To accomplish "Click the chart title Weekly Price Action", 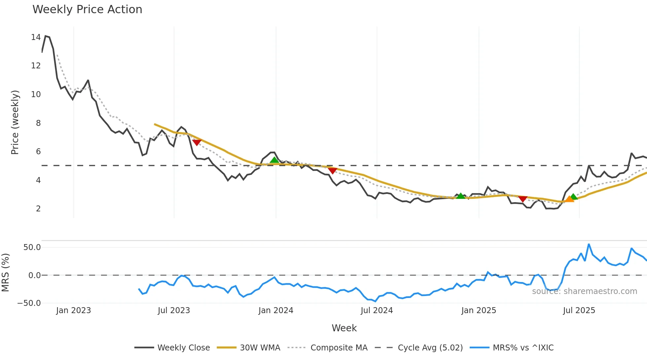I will [x=87, y=10].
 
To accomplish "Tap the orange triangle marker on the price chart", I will [x=569, y=199].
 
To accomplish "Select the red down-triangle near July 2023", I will [x=197, y=142].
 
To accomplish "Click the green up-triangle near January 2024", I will [x=274, y=160].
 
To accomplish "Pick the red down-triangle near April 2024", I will [x=333, y=170].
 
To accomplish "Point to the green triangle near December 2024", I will [x=460, y=196].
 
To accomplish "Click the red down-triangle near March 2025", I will [x=523, y=199].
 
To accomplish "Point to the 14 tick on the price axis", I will [x=36, y=37].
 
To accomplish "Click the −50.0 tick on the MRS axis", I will [x=29, y=303].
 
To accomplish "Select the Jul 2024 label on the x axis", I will [x=377, y=310].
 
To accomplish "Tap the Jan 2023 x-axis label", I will [x=73, y=310].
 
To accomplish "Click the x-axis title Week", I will [x=344, y=328].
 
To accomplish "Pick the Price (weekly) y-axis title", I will [x=15, y=122].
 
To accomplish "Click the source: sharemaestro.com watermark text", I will [x=584, y=291].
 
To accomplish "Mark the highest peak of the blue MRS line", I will [x=589, y=244].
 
